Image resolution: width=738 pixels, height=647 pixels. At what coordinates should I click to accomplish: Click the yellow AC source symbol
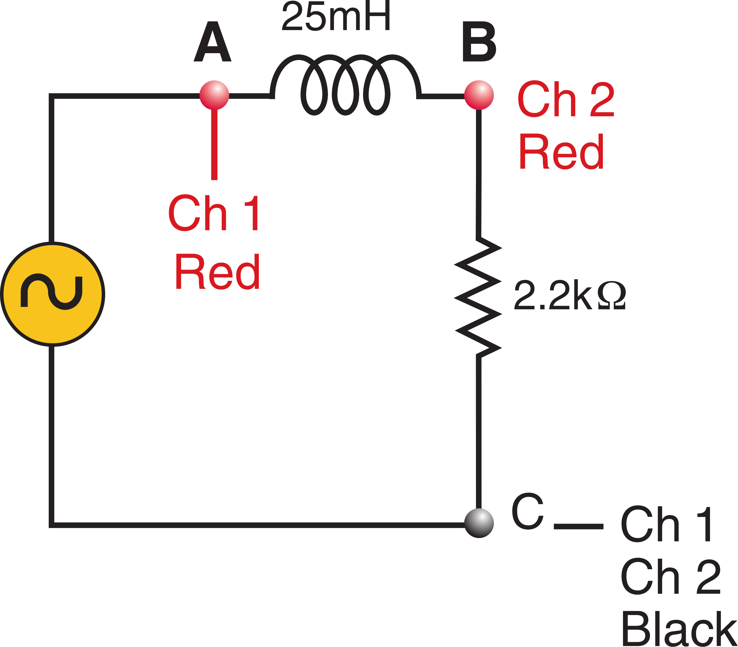click(x=53, y=294)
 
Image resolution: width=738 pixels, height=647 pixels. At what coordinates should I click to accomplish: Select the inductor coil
click(x=345, y=85)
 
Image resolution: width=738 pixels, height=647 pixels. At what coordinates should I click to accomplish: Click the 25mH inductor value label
click(x=336, y=16)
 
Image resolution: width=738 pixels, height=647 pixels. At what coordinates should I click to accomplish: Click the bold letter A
click(x=213, y=41)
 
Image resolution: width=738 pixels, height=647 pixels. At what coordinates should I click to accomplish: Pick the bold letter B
click(x=479, y=41)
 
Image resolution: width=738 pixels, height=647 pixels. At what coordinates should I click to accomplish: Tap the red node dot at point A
click(x=214, y=95)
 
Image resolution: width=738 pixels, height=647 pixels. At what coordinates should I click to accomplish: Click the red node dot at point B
click(x=479, y=95)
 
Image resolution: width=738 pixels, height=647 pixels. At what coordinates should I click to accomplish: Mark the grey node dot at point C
click(x=479, y=523)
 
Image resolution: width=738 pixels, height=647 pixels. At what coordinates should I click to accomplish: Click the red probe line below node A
click(x=214, y=144)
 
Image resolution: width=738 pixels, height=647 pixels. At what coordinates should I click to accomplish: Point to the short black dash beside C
click(x=579, y=526)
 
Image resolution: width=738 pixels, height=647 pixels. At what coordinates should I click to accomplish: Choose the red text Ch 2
click(x=566, y=98)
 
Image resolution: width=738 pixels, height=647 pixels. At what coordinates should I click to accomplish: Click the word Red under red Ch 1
click(x=218, y=272)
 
